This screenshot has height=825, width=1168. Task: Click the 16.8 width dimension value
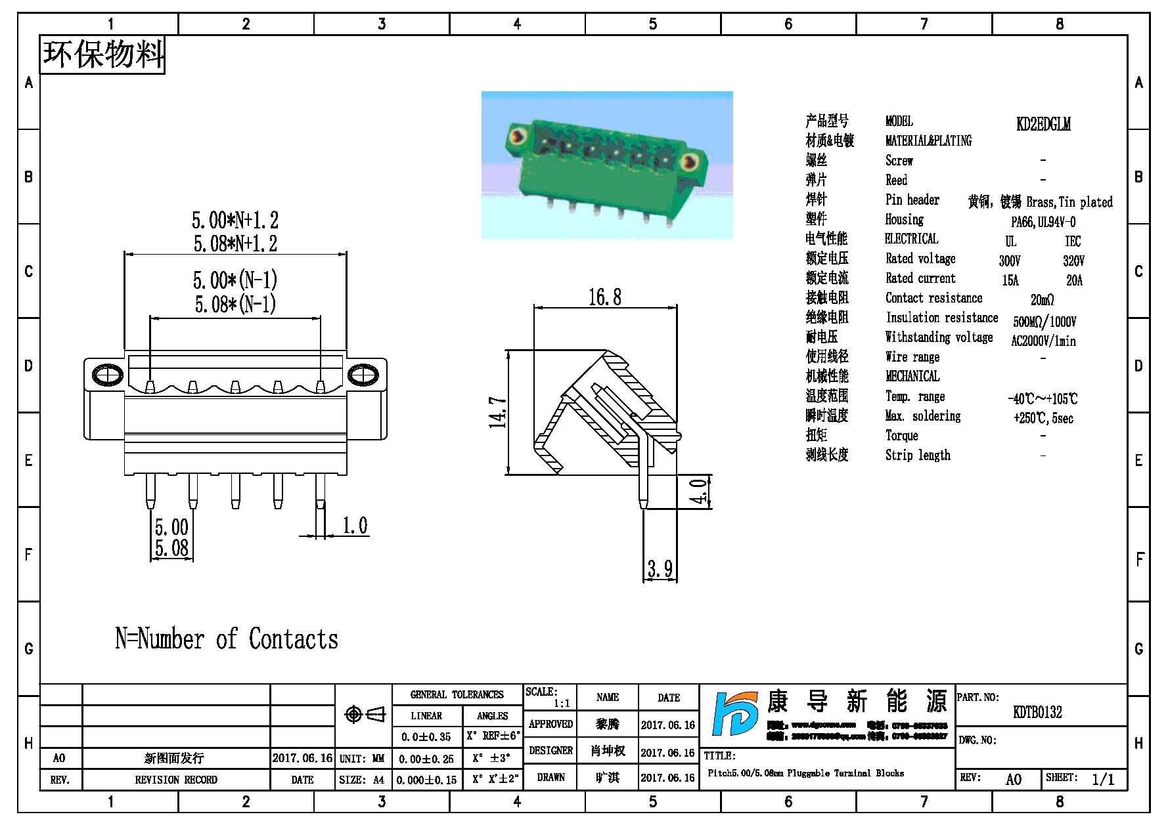pyautogui.click(x=604, y=297)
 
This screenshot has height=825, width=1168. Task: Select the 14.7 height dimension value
pyautogui.click(x=498, y=412)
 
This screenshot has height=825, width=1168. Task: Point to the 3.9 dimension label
pyautogui.click(x=660, y=568)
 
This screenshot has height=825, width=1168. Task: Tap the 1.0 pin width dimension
pyautogui.click(x=355, y=526)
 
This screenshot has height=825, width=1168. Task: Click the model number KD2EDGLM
pyautogui.click(x=1043, y=124)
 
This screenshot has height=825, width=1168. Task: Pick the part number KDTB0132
pyautogui.click(x=1037, y=712)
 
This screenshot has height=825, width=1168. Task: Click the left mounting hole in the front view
pyautogui.click(x=107, y=375)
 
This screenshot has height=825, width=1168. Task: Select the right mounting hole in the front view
pyautogui.click(x=363, y=375)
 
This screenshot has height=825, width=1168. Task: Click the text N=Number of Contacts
pyautogui.click(x=227, y=639)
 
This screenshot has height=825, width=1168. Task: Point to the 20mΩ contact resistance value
pyautogui.click(x=1042, y=300)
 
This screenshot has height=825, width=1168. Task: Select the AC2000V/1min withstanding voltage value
pyautogui.click(x=1043, y=341)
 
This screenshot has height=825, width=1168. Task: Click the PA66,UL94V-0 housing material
pyautogui.click(x=1043, y=222)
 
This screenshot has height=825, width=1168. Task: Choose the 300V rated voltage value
pyautogui.click(x=1010, y=261)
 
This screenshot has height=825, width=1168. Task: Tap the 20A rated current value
pyautogui.click(x=1074, y=280)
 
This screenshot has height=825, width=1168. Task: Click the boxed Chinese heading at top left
pyautogui.click(x=103, y=54)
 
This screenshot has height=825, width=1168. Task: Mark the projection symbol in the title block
pyautogui.click(x=365, y=714)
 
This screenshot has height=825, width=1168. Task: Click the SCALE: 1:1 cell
pyautogui.click(x=550, y=697)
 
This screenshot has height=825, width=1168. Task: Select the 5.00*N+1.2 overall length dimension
pyautogui.click(x=235, y=220)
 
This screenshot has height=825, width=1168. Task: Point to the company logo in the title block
pyautogui.click(x=734, y=714)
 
